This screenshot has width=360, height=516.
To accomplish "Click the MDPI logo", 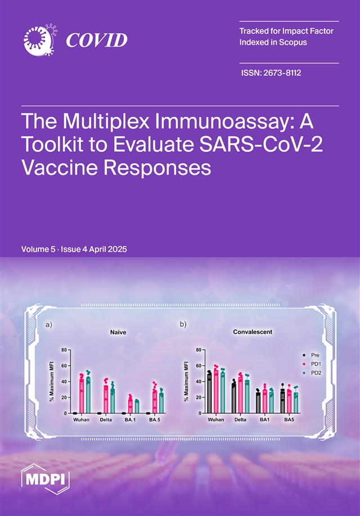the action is pos(46,479).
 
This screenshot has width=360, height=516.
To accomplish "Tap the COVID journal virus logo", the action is pos(40,40).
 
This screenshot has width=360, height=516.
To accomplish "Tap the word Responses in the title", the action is pos(157,169).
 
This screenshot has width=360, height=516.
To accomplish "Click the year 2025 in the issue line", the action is pos(116,249).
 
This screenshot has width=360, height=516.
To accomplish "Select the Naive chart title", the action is pos(118,332).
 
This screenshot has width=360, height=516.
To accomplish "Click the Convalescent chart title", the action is pos(253,332).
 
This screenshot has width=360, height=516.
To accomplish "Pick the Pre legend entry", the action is pos(311,355).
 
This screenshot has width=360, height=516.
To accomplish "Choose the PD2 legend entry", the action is pos(312,373).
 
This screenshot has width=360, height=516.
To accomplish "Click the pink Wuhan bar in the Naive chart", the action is pos(82,396).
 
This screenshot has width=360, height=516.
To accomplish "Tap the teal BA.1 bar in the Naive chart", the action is pos(137,407).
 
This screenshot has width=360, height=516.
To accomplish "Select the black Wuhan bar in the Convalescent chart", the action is pos(209,393).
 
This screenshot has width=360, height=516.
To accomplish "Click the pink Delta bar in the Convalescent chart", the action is pos(240,395).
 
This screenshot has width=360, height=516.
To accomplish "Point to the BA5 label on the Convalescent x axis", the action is pos(289,420).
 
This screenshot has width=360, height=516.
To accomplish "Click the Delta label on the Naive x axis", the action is pos(106,420).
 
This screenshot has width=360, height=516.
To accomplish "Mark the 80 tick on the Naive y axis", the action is pos(64,350).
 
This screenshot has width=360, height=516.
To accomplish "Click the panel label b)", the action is pos(183,324).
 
